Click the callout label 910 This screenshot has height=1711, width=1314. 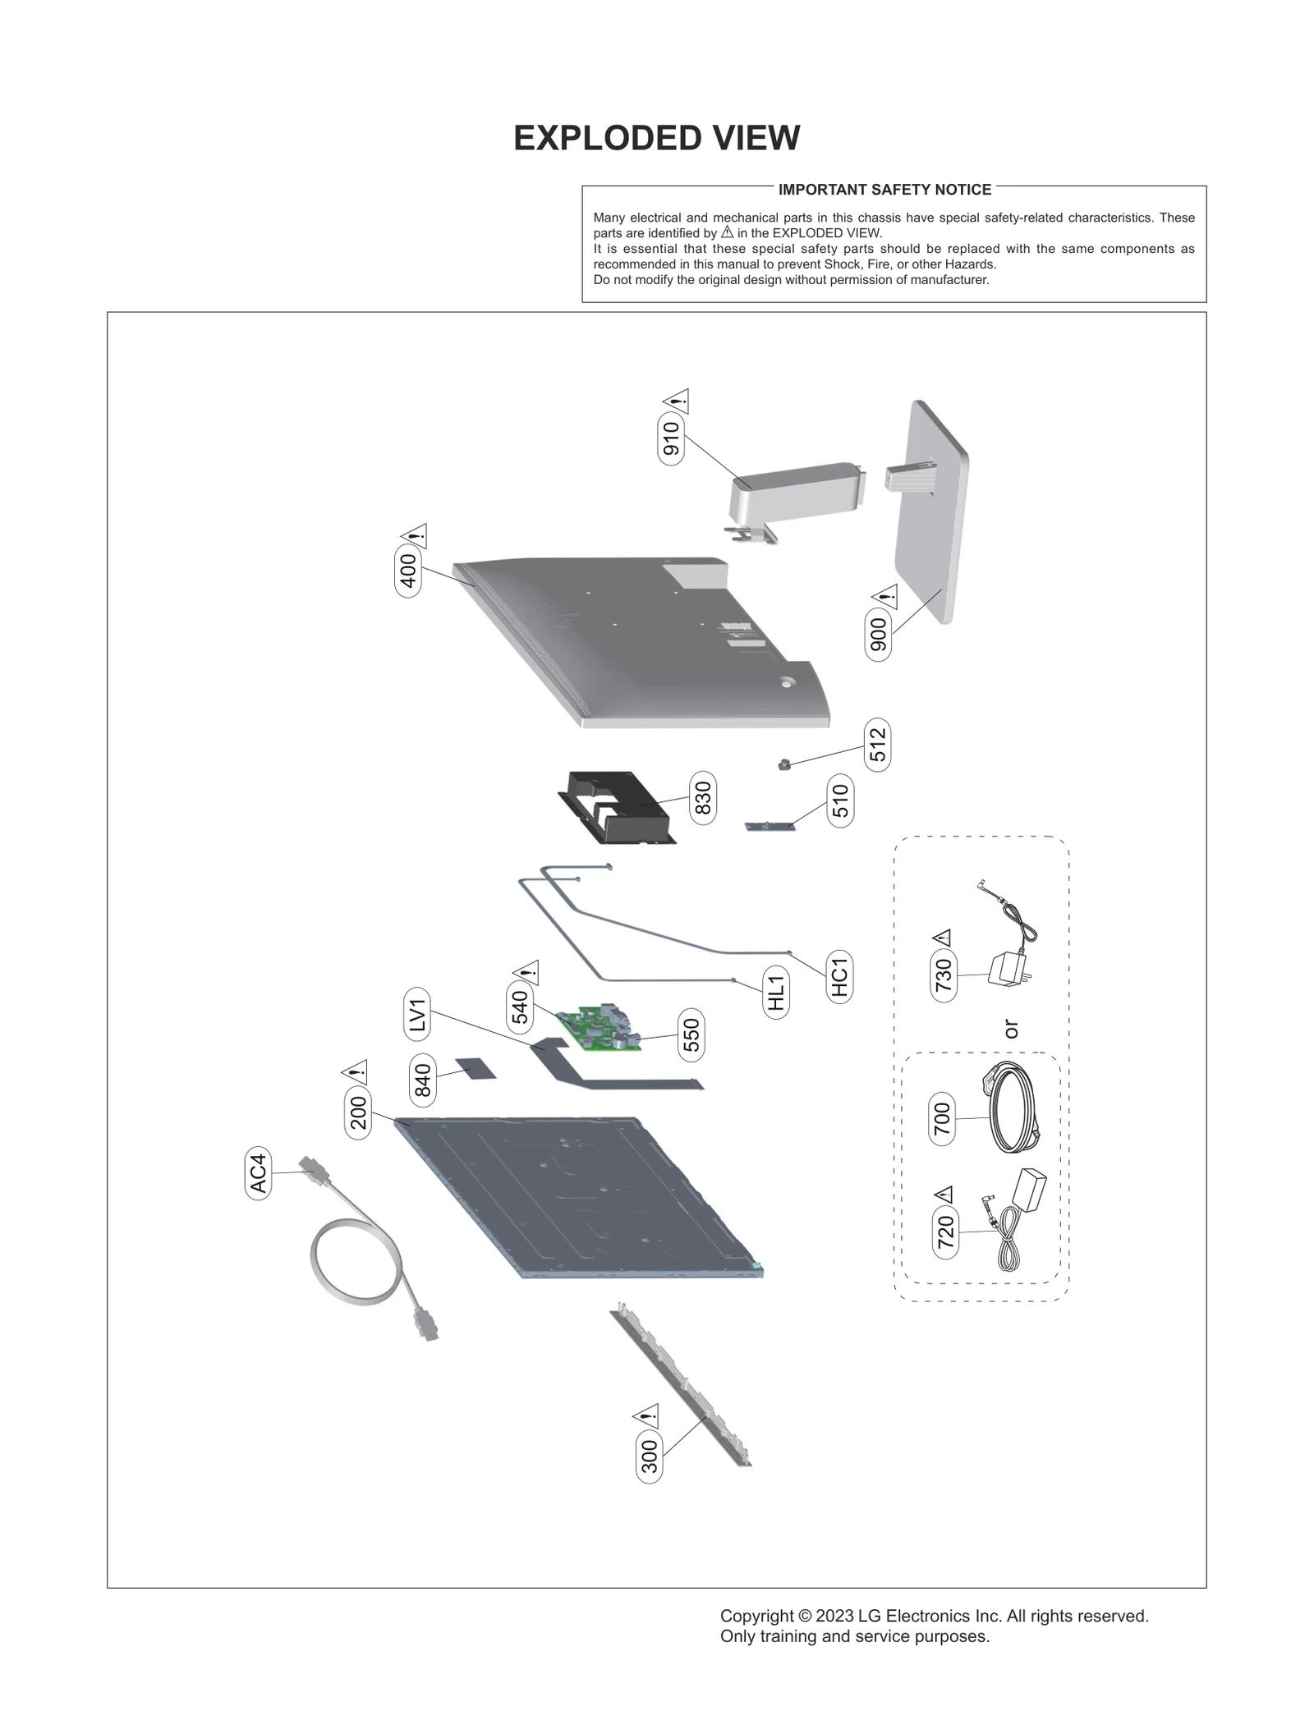[x=671, y=438]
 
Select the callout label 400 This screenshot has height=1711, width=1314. [x=408, y=571]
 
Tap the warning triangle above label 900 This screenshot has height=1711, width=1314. [x=885, y=597]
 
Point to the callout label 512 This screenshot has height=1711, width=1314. [x=877, y=745]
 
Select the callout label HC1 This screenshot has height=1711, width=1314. [x=838, y=976]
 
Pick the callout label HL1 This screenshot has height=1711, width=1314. [x=776, y=992]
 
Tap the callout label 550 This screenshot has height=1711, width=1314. [x=691, y=1034]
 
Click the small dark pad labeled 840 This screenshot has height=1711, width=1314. [x=476, y=1069]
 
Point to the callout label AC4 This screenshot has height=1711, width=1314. [x=258, y=1173]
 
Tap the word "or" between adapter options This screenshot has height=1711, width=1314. [x=1011, y=1029]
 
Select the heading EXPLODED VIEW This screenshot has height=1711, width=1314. [x=656, y=138]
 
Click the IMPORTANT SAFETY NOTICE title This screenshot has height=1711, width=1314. [x=884, y=190]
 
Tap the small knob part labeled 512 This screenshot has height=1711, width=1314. [x=783, y=764]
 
